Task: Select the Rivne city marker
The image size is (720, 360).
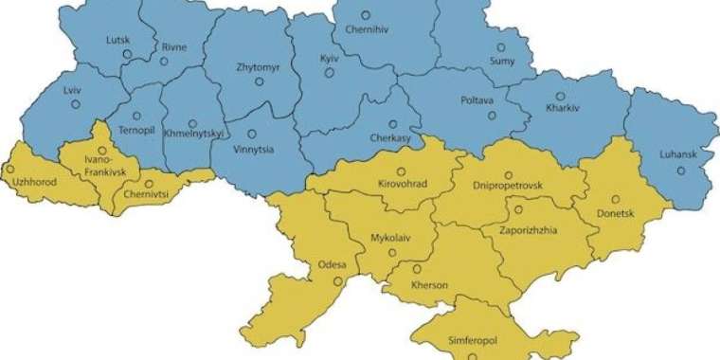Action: (x=164, y=62)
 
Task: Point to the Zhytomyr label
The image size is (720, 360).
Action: (x=258, y=67)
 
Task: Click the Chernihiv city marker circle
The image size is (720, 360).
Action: (x=367, y=15)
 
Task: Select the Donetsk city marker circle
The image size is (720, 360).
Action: (x=616, y=199)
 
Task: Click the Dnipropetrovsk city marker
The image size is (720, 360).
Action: (x=509, y=174)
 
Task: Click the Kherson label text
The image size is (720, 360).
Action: (x=429, y=285)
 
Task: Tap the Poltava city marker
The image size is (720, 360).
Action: (x=492, y=116)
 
